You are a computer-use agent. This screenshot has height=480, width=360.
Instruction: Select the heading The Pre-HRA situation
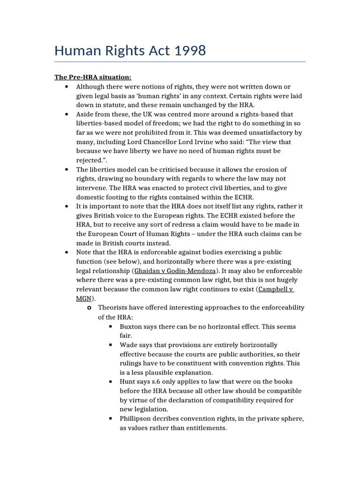click(93, 77)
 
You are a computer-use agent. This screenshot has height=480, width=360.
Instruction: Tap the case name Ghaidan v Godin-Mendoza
click(172, 271)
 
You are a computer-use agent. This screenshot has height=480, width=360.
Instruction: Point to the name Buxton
click(132, 326)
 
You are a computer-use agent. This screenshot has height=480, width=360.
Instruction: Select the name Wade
click(129, 345)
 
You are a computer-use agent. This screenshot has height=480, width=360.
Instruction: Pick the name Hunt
click(129, 382)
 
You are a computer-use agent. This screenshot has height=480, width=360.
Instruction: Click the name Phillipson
click(138, 419)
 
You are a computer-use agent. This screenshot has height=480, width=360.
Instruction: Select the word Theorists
click(114, 307)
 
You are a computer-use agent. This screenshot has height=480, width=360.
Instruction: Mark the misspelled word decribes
click(175, 419)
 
